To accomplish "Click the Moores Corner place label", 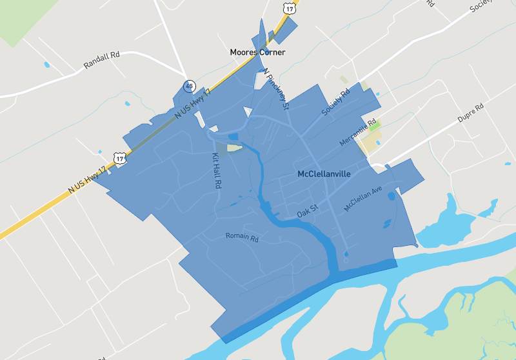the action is pyautogui.click(x=257, y=52).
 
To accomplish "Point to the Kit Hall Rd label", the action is pyautogui.click(x=217, y=170).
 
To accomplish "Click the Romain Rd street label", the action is pyautogui.click(x=242, y=237).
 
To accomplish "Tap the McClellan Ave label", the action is pyautogui.click(x=363, y=199).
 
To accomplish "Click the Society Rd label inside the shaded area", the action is pyautogui.click(x=335, y=103).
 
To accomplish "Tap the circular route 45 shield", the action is pyautogui.click(x=189, y=85).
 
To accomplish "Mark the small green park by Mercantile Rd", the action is pyautogui.click(x=374, y=126).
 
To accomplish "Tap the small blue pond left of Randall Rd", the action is pyautogui.click(x=46, y=65).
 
